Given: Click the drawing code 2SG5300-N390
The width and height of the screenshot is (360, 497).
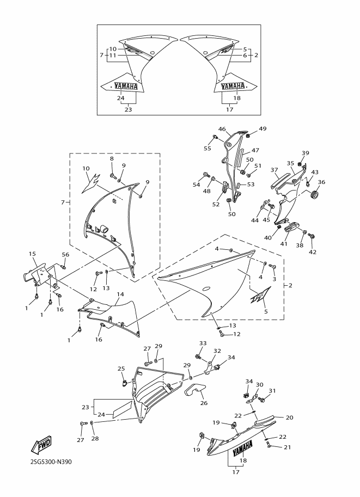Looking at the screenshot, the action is click(51, 462).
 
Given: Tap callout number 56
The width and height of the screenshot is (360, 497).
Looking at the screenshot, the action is click(65, 255).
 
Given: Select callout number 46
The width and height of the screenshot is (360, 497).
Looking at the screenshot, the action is click(222, 129).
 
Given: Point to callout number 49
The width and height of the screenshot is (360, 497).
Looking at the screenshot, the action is click(263, 128).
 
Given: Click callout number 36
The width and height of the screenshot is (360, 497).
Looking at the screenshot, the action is click(321, 182).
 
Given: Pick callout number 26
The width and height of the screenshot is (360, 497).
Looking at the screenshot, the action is click(204, 403).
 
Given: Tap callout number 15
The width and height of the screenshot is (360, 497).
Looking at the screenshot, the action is click(32, 254).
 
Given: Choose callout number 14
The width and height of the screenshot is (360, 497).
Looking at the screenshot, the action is click(120, 294).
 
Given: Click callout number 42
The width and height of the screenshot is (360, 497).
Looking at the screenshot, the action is click(313, 252).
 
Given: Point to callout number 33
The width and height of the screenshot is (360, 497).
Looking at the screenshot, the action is click(203, 343).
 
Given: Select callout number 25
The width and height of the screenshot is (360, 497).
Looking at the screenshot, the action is click(121, 369).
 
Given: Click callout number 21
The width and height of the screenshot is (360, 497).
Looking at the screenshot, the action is click(288, 447).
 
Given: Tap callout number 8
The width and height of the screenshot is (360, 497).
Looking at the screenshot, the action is click(112, 158).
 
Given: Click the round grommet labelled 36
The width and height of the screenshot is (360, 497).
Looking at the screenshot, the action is click(314, 194).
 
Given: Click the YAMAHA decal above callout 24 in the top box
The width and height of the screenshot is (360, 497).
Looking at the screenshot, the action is click(126, 86).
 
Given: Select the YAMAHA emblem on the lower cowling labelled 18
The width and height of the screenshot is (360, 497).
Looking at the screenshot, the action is click(243, 448).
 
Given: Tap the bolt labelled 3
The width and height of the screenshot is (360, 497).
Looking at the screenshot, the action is click(272, 266).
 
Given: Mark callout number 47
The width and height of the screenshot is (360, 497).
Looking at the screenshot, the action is click(255, 151).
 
